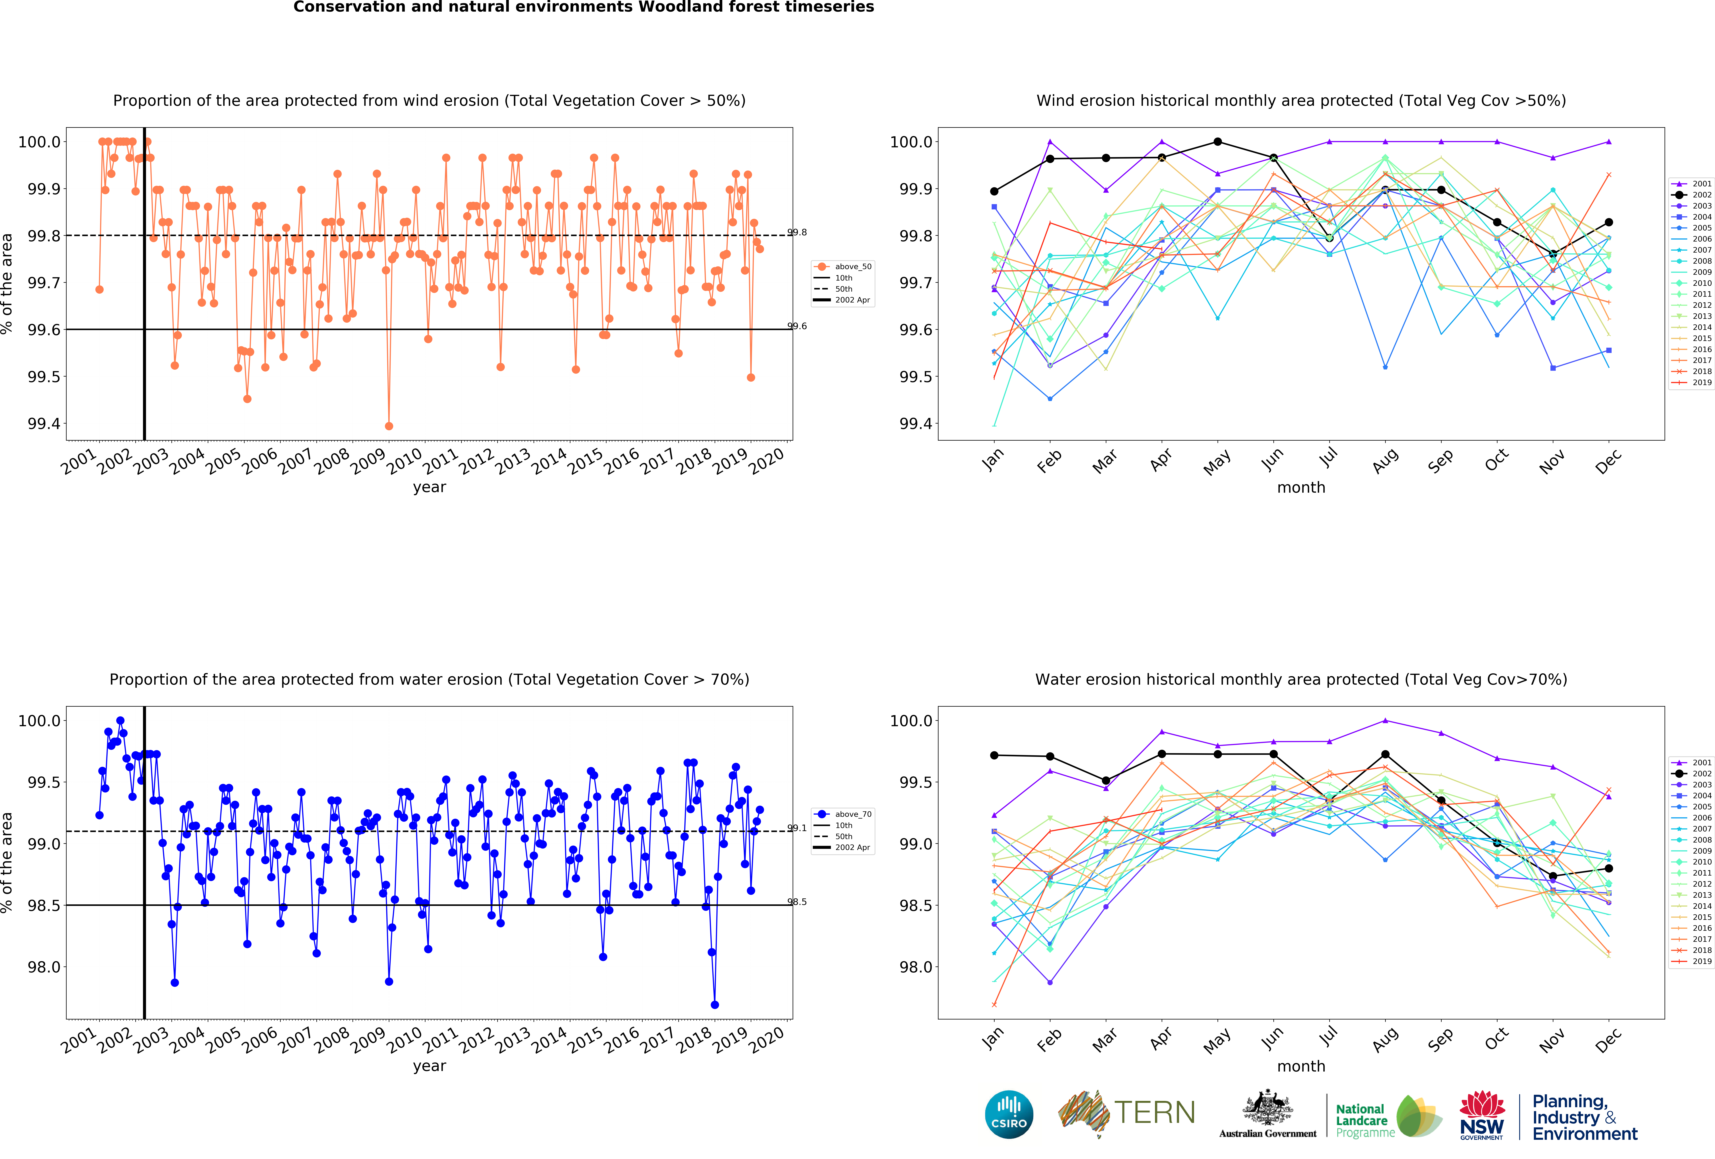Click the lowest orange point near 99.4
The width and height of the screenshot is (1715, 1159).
click(389, 426)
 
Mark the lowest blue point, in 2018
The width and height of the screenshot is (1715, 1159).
click(714, 1005)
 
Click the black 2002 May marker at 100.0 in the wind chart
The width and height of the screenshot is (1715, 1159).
click(1218, 142)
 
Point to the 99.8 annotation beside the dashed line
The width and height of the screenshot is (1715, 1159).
click(797, 232)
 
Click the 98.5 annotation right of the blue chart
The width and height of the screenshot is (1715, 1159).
click(797, 902)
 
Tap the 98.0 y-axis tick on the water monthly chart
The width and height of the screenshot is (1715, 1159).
click(915, 967)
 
